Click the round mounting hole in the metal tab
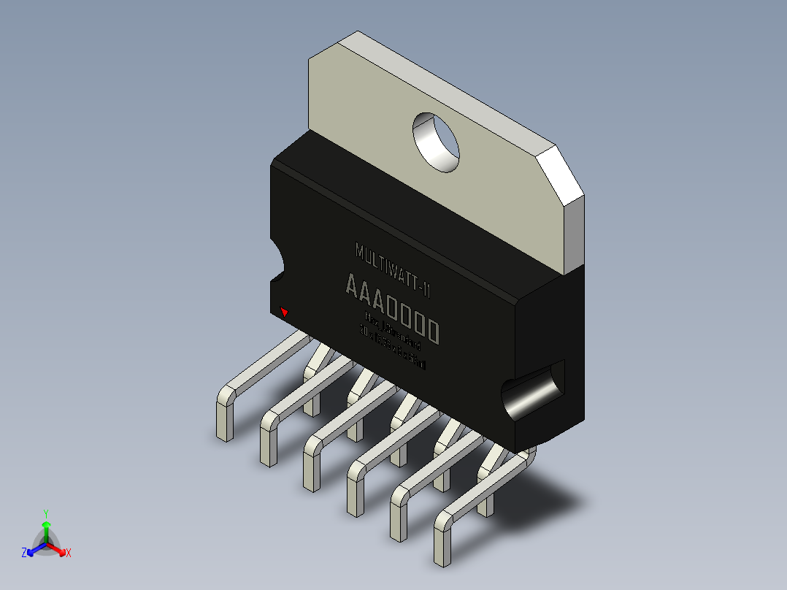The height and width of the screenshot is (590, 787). (437, 142)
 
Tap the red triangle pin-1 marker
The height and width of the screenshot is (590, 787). (284, 312)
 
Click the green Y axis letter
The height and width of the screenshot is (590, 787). (45, 513)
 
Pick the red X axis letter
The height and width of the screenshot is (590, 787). (69, 553)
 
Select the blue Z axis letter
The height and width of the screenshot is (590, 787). (24, 553)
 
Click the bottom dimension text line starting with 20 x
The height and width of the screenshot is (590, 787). (391, 349)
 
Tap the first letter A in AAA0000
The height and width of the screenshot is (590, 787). (352, 286)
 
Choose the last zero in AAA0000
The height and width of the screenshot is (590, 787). (432, 332)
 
